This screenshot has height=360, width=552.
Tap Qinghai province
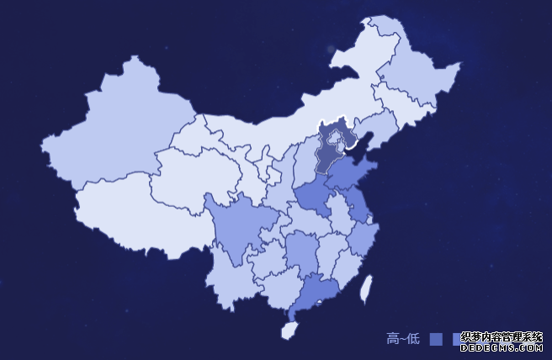(x=189, y=177)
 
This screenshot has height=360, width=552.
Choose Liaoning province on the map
(x=374, y=130)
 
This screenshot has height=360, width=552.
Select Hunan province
(x=299, y=252)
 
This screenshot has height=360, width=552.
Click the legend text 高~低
(x=403, y=339)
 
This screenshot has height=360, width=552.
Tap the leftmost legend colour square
(x=436, y=339)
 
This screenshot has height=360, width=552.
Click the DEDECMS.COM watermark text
(x=502, y=346)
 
